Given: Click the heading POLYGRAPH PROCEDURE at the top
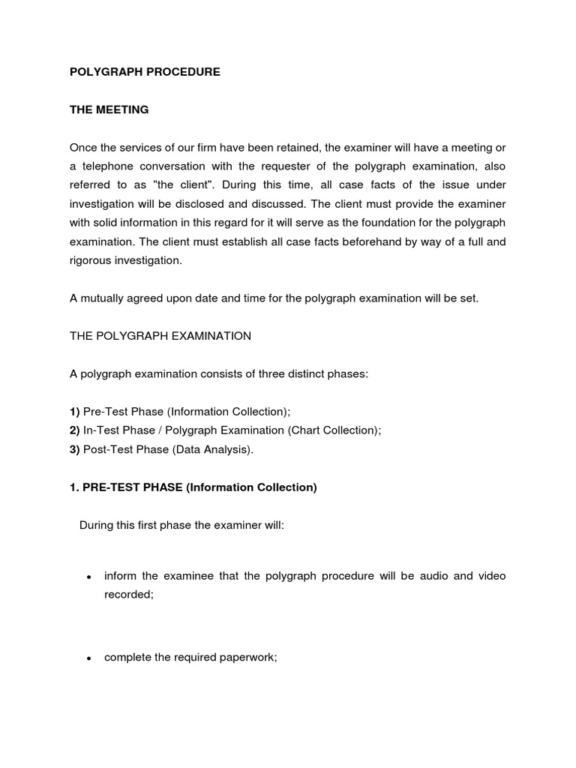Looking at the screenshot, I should pyautogui.click(x=145, y=72).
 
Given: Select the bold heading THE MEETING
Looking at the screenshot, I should pyautogui.click(x=109, y=109).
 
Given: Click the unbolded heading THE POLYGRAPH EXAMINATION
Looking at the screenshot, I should pyautogui.click(x=160, y=336).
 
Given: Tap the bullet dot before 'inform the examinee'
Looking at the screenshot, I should pyautogui.click(x=88, y=577).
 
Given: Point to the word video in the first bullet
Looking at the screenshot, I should pyautogui.click(x=491, y=576).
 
